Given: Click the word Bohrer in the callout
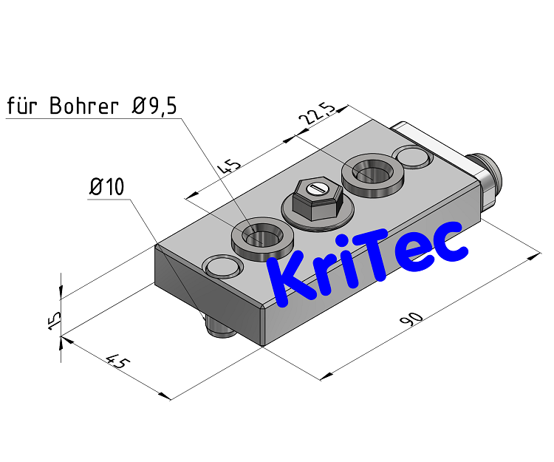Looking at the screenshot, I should pos(83,106).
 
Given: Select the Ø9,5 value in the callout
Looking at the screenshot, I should pos(155,106).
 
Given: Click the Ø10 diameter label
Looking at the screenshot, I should pos(106,188).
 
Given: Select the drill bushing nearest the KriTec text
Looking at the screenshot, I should pos(263,237).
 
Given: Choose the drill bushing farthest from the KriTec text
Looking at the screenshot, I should pos(372,174).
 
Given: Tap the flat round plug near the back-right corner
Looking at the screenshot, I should pos(411,157).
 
